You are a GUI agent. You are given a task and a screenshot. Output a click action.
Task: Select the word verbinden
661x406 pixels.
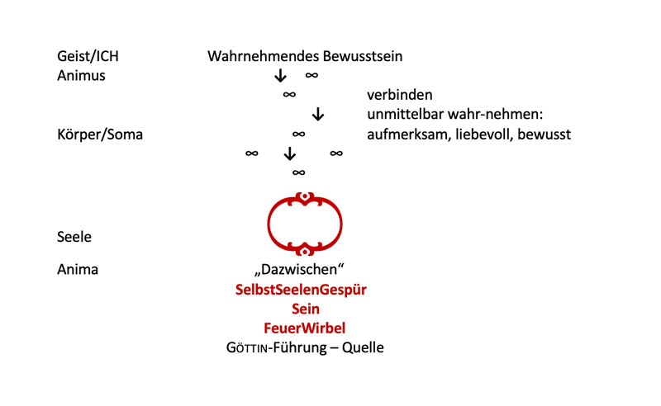coord(400,95)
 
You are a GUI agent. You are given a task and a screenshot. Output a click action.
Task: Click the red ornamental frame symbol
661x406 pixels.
coord(304,224)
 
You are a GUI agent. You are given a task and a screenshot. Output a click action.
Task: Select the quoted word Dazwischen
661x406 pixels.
coord(305,269)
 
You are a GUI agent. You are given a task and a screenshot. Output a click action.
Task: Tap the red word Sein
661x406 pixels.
coord(305,309)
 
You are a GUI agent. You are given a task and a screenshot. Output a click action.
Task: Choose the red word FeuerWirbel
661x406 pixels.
coord(305,328)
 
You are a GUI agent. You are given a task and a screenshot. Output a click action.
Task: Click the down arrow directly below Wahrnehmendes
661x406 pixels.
coord(280,76)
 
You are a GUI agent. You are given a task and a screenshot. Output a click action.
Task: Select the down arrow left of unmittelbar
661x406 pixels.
coord(319,115)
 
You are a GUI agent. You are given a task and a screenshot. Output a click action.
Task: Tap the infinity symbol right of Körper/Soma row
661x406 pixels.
coord(299,134)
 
